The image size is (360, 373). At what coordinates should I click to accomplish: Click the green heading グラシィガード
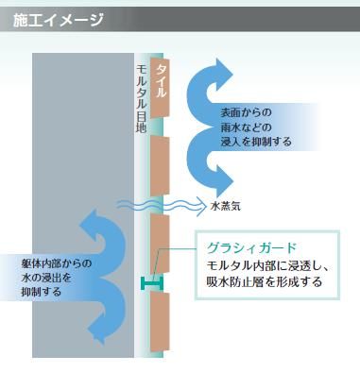coord(247,248)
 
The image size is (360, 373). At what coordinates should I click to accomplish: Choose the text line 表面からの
coord(247,112)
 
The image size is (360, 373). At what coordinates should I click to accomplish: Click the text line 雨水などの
coord(247,127)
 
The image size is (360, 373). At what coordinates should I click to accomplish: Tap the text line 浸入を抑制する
coord(253,142)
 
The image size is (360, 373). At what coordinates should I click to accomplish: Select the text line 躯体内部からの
coord(56,263)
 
